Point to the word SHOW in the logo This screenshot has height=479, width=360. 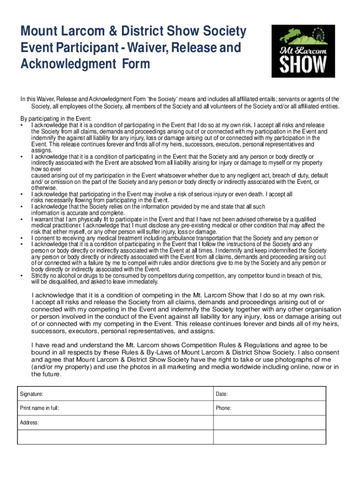tap(303, 64)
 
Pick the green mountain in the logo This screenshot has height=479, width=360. tap(306, 39)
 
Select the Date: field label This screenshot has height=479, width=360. tap(222, 394)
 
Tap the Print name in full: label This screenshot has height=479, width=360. tap(39, 408)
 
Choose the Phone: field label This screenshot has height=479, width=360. tap(223, 408)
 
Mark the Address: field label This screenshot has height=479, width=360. tap(29, 423)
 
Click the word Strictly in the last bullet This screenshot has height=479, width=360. tap(40, 276)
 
